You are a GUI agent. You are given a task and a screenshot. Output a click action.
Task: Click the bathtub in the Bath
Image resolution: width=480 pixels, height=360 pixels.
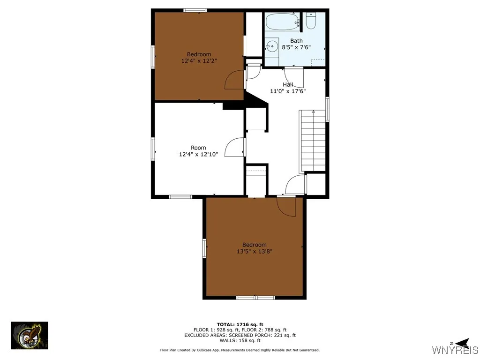[x=282, y=22]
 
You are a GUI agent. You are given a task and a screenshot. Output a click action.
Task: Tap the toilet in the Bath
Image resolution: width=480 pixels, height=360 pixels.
[x=311, y=21]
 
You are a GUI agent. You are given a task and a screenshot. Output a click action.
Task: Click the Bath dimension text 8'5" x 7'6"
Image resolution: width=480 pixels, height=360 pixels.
[x=296, y=47]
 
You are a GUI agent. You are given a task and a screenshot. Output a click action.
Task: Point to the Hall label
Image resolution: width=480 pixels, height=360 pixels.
[x=288, y=84]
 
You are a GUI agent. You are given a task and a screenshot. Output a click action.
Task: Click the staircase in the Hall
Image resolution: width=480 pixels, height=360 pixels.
[x=313, y=141]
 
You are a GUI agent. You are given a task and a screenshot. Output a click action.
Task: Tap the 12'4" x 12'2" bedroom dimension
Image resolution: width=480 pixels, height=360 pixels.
[x=199, y=61]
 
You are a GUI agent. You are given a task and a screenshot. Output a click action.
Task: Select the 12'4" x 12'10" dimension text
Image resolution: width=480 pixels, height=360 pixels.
[x=198, y=154]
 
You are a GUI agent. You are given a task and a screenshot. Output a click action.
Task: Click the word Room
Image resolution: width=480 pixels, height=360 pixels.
[x=198, y=148]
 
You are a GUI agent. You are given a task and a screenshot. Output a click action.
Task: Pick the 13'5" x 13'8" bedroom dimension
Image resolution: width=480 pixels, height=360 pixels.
[x=255, y=251]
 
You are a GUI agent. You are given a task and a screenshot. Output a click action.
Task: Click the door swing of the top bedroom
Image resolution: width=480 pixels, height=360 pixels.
[x=235, y=80]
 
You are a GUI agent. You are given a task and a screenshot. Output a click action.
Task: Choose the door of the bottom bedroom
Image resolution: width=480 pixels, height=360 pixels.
[x=287, y=207]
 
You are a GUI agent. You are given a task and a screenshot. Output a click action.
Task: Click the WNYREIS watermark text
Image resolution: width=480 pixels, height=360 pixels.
[x=455, y=350]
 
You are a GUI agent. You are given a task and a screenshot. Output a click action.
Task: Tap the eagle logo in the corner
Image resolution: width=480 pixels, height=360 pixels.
[x=30, y=335]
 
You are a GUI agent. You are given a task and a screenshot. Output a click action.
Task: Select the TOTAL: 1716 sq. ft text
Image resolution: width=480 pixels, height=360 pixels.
[x=240, y=324]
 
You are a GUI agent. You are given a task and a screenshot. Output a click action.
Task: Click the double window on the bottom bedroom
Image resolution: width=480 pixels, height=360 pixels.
[x=255, y=297]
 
